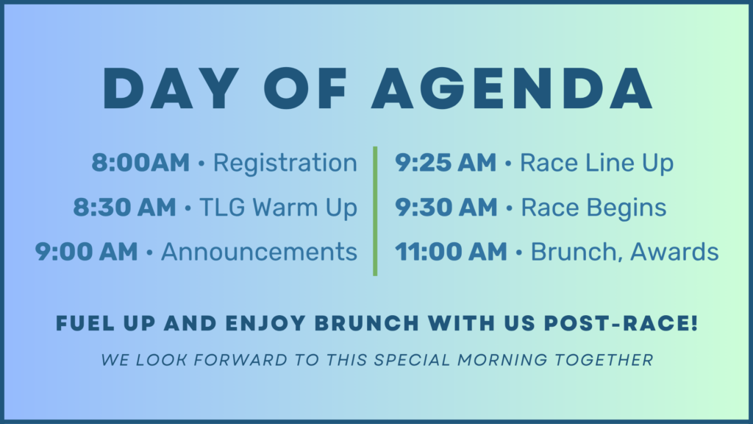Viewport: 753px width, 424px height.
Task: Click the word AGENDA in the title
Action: tap(512, 88)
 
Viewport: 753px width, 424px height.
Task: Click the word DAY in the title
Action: tap(171, 88)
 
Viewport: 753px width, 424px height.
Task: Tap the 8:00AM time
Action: tap(140, 163)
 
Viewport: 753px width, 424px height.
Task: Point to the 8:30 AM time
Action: tap(125, 208)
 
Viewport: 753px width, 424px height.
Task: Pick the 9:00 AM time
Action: tap(87, 252)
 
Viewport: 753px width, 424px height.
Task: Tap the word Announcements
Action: tap(260, 252)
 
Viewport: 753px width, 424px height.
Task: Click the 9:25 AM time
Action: tap(446, 163)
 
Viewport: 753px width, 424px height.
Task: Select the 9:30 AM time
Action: tap(446, 208)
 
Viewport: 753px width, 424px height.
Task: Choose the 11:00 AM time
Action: tap(451, 252)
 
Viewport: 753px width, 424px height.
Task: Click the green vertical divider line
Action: tap(375, 211)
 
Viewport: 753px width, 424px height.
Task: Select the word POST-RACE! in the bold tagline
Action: tap(621, 323)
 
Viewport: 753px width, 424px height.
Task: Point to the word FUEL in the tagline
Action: tap(85, 323)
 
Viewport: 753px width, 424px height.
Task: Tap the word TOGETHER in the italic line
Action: tap(604, 359)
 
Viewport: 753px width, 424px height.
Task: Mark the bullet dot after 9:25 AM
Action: tap(508, 164)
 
